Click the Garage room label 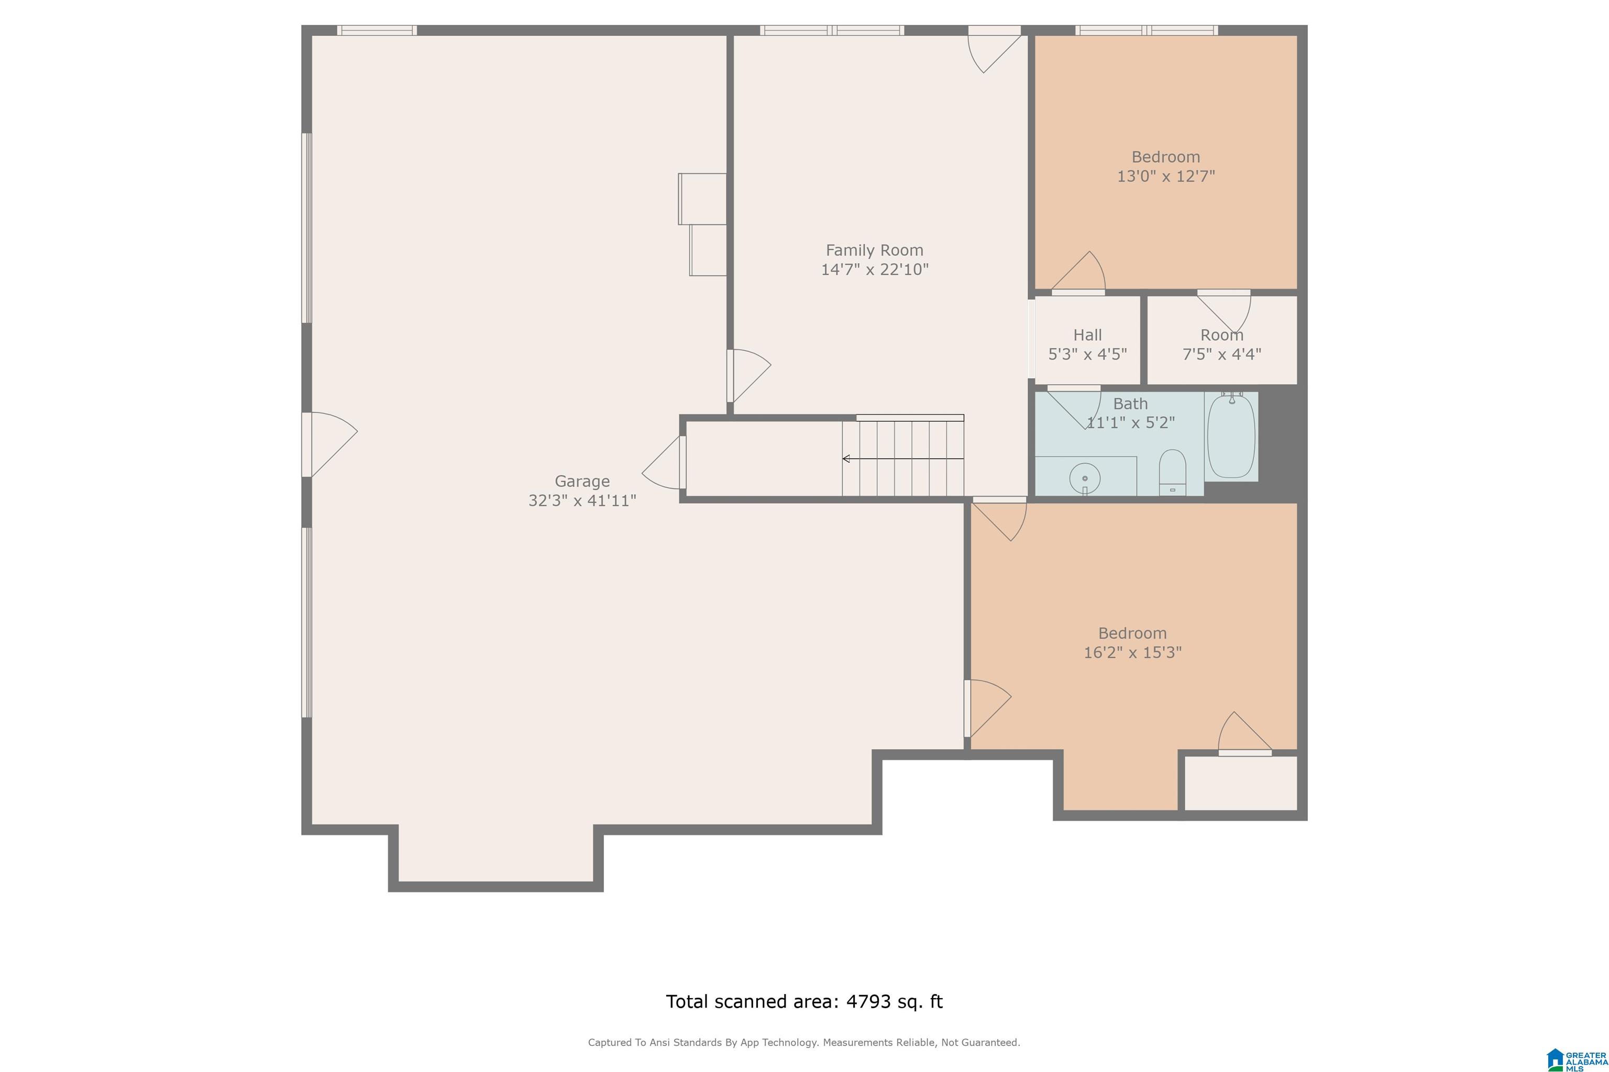(x=582, y=482)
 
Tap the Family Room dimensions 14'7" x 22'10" (x=875, y=270)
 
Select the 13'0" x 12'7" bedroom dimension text (x=1166, y=176)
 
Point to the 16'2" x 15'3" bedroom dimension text (x=1133, y=652)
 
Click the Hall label (x=1088, y=335)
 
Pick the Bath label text (x=1130, y=404)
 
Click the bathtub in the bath (x=1231, y=436)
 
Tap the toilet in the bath (x=1173, y=472)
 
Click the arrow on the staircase (x=903, y=459)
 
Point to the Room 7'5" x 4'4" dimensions (x=1222, y=354)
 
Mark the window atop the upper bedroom (x=1147, y=30)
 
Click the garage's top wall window (x=377, y=30)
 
